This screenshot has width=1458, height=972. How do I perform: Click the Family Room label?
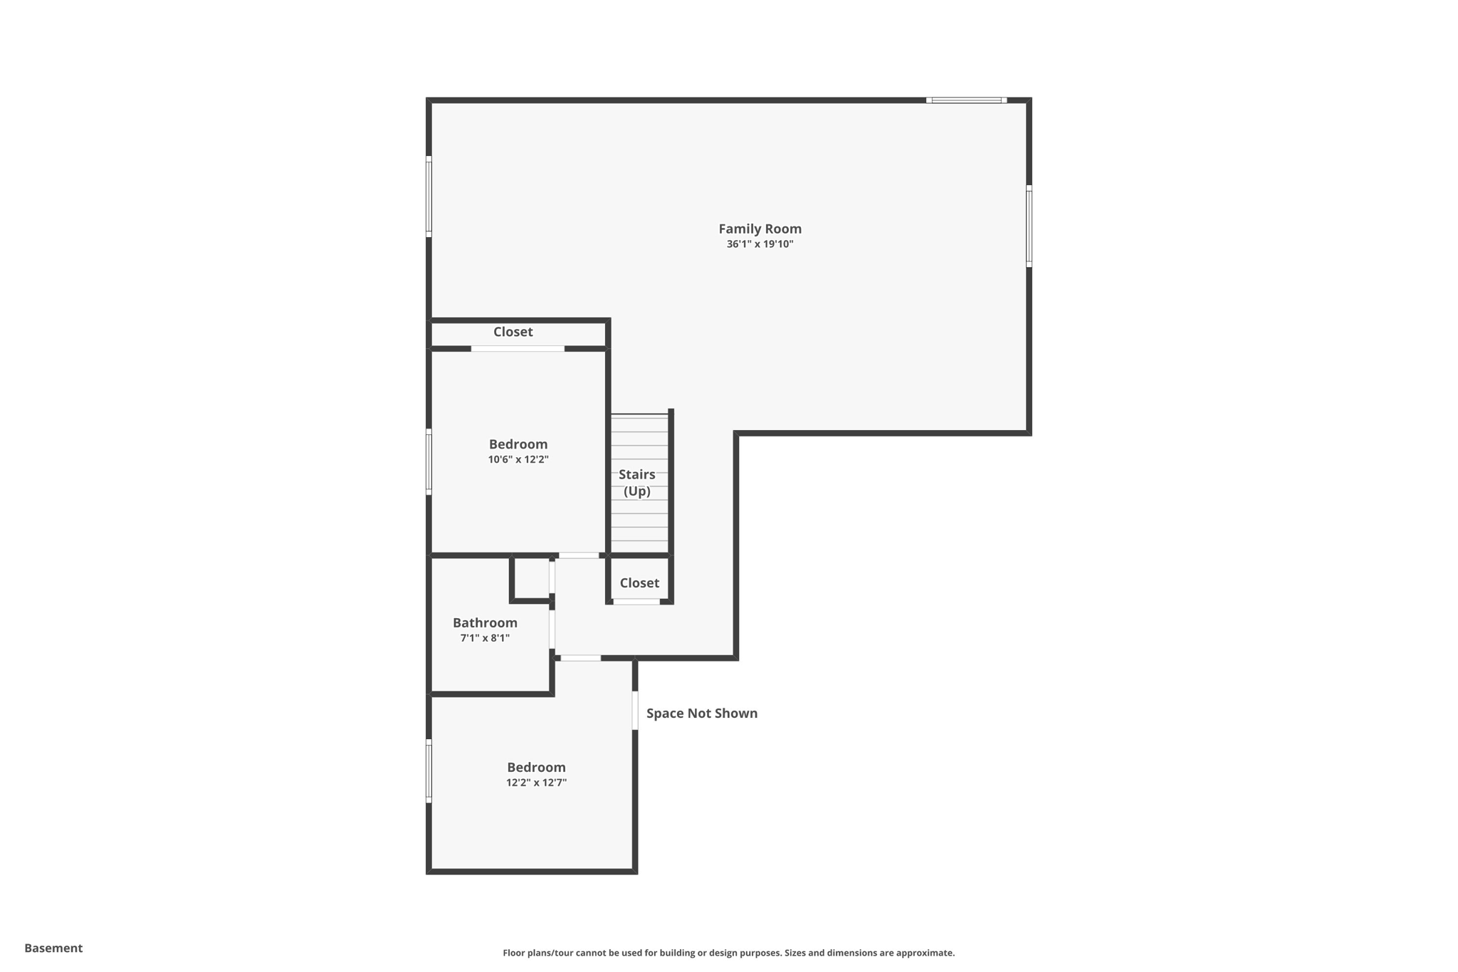[x=760, y=229]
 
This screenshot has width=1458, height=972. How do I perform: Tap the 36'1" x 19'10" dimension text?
[x=760, y=244]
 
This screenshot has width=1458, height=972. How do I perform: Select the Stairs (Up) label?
[x=636, y=483]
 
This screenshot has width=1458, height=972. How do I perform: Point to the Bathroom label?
[x=485, y=622]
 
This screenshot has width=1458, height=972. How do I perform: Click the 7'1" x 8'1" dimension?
[x=485, y=638]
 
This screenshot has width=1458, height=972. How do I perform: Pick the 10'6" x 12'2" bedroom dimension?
[x=518, y=459]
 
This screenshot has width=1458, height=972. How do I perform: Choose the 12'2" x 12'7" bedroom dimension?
[x=536, y=783]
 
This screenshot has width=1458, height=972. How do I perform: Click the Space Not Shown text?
[x=701, y=714]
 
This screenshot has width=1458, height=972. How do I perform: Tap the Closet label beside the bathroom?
[x=639, y=582]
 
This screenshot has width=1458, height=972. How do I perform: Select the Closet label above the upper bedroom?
[x=513, y=332]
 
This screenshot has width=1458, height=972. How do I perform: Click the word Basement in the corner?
[x=53, y=948]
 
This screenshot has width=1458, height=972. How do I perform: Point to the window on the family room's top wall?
[x=966, y=100]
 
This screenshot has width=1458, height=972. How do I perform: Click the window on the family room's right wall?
[x=1029, y=226]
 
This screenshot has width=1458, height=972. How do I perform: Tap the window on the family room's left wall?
[x=429, y=196]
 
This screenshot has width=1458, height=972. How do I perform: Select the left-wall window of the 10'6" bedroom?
[x=429, y=461]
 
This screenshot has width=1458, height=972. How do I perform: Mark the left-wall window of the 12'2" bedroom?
[x=429, y=771]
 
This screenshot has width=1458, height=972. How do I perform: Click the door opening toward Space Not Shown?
[x=635, y=710]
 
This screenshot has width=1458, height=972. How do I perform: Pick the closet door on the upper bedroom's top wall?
[x=518, y=348]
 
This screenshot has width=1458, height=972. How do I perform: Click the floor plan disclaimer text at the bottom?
[x=728, y=953]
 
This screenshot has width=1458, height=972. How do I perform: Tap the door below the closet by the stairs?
[x=636, y=602]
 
